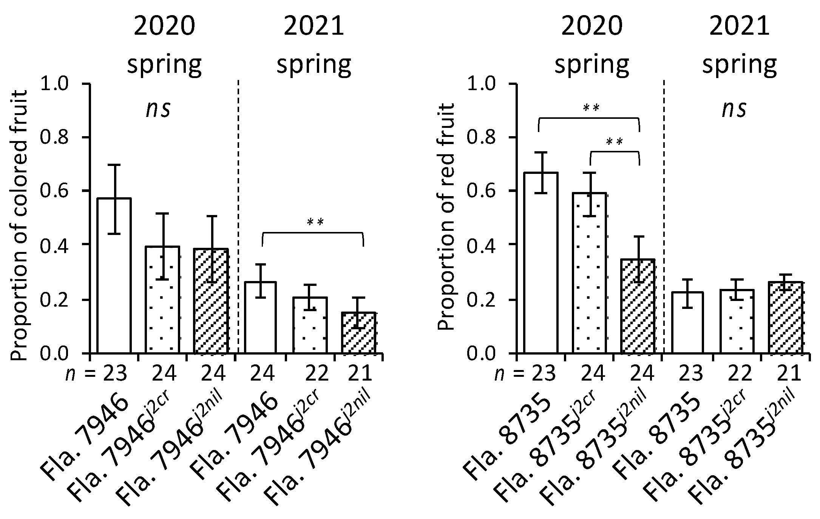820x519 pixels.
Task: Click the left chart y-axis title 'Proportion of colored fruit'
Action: click(19, 225)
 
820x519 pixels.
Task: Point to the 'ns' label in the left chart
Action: click(159, 109)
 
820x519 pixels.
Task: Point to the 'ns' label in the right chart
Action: click(734, 109)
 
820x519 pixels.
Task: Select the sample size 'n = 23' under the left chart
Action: click(96, 373)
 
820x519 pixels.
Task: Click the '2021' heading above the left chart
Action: click(314, 27)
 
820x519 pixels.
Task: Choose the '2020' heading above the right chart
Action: click(591, 27)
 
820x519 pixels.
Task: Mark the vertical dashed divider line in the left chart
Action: click(238, 189)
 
